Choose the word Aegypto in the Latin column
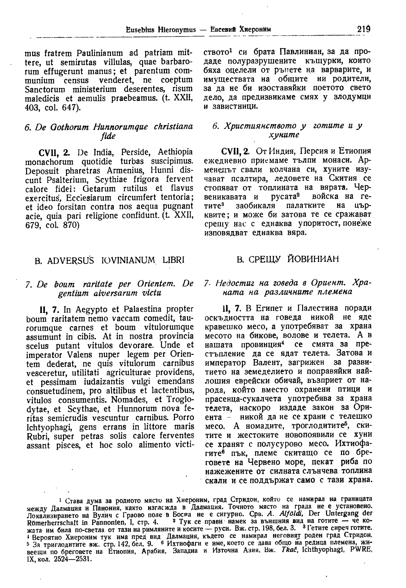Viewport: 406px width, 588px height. click(90, 309)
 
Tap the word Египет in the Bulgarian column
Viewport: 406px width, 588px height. click(268, 309)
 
